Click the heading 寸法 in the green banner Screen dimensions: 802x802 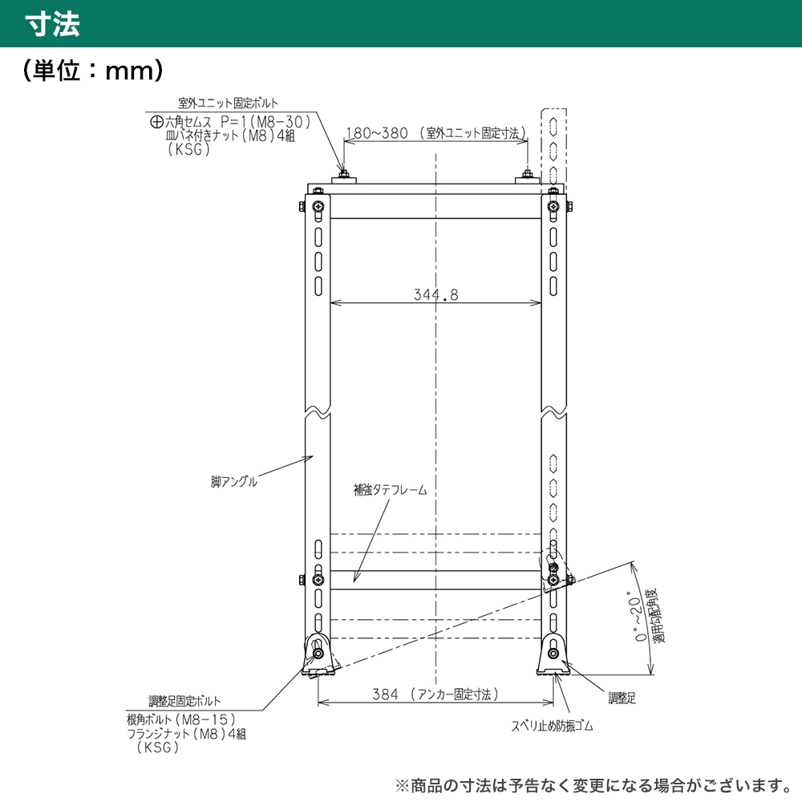[x=53, y=24]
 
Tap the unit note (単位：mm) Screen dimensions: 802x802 [x=93, y=70]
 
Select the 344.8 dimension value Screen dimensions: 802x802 [x=435, y=294]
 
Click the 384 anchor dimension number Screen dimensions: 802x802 [x=385, y=694]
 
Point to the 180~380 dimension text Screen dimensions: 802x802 [x=377, y=133]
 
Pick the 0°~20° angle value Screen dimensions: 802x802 [x=636, y=619]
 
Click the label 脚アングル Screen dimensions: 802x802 [x=233, y=482]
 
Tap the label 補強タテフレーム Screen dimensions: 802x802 [x=391, y=490]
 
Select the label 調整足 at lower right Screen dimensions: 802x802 [x=622, y=699]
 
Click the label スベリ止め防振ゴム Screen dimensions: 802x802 [x=552, y=726]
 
